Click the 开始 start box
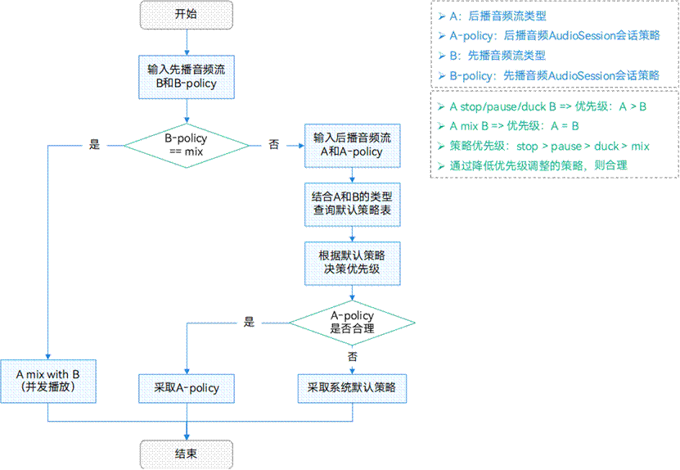click(187, 14)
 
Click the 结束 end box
click(187, 454)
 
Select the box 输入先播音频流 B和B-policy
click(187, 76)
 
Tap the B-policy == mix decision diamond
click(187, 146)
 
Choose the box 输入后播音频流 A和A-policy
click(352, 145)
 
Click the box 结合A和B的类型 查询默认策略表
click(352, 204)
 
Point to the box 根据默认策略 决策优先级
click(352, 262)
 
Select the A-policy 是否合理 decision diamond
click(352, 322)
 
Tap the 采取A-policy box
click(187, 387)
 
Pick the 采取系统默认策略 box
click(352, 387)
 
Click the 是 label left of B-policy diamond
click(94, 145)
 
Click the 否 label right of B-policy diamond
click(273, 145)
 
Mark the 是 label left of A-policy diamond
click(249, 322)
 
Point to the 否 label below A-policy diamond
click(353, 358)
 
